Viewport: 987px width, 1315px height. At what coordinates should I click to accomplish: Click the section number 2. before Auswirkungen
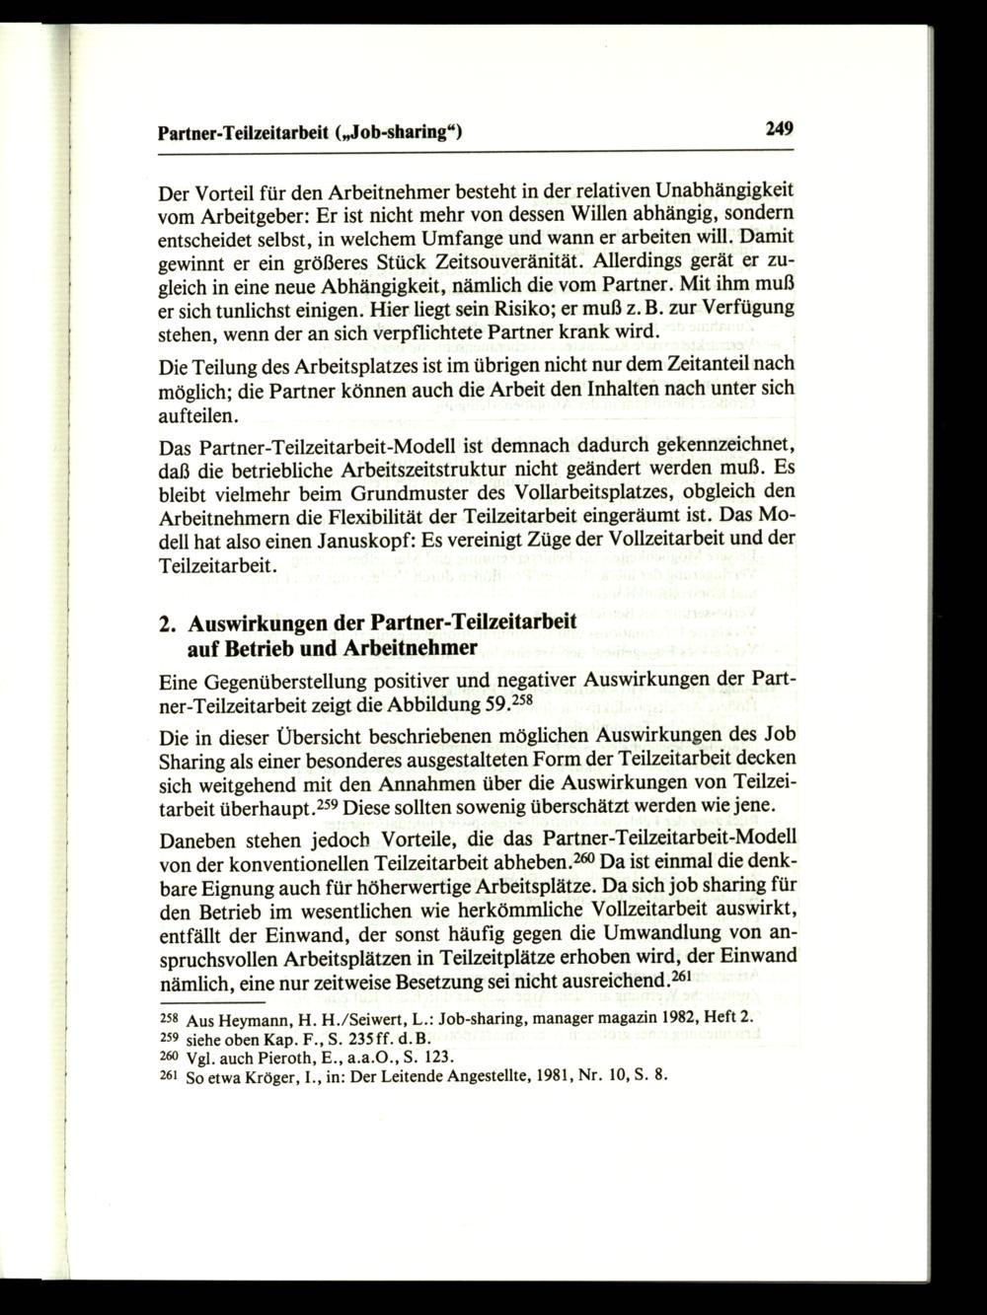168,625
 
